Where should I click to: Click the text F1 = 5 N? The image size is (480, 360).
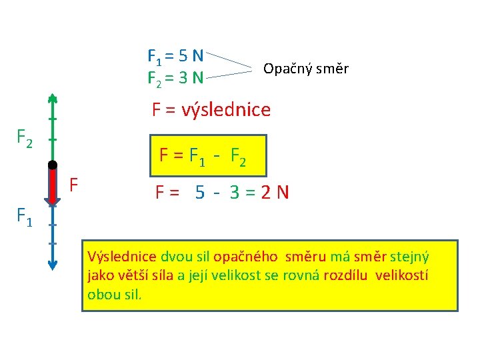click(175, 55)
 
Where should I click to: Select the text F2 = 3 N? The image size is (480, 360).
click(175, 78)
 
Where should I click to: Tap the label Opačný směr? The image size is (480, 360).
click(306, 69)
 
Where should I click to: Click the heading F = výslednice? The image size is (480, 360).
click(211, 109)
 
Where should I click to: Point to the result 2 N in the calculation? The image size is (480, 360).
click(275, 193)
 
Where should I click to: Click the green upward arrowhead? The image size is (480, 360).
click(52, 98)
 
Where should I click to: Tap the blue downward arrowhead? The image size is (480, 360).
click(52, 265)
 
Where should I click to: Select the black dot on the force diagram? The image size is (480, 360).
click(52, 165)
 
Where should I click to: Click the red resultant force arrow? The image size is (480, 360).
click(52, 187)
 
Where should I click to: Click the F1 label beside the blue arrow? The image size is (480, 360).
click(24, 216)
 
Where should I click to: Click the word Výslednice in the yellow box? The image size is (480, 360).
click(122, 257)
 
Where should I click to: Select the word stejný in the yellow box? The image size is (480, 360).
click(409, 257)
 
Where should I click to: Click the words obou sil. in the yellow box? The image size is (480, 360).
click(114, 294)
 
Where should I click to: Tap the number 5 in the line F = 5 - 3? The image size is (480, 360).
click(200, 193)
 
